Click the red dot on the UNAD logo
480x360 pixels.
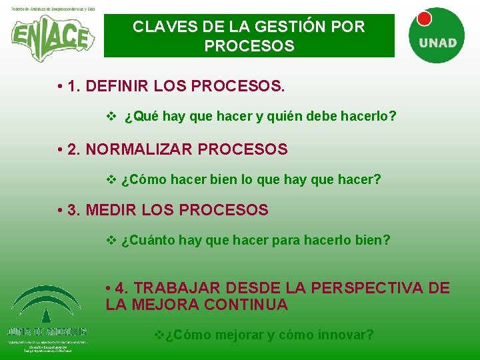pos(423,17)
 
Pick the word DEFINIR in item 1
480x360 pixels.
pos(117,87)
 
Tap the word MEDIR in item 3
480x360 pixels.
pos(109,210)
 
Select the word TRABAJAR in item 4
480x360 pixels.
pos(175,289)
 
